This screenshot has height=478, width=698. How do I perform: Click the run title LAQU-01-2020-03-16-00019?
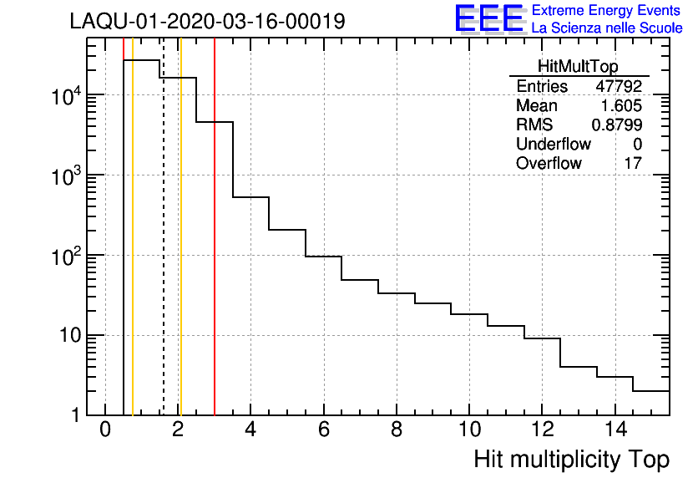tap(207, 22)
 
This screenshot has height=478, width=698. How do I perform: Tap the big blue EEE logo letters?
tap(489, 18)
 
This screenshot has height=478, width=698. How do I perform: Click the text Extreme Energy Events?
tap(607, 11)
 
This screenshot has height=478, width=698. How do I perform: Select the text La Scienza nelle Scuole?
tap(607, 28)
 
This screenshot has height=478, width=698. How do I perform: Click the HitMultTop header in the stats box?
tap(579, 69)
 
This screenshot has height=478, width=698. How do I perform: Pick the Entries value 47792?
tap(619, 87)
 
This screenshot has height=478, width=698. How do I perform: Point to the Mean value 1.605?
tap(622, 106)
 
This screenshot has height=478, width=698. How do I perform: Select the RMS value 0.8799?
tap(617, 125)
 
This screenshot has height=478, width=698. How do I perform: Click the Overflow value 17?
tap(633, 163)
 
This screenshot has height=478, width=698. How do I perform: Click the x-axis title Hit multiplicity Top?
tap(572, 460)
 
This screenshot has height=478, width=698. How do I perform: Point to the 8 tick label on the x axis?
tap(397, 431)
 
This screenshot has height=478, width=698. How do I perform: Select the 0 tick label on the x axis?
tap(105, 431)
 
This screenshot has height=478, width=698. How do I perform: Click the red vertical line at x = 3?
tap(215, 251)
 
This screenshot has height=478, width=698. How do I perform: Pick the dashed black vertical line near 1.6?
tap(163, 251)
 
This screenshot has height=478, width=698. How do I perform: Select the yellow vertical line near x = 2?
tap(180, 251)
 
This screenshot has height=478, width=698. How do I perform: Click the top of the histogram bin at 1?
tap(141, 60)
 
